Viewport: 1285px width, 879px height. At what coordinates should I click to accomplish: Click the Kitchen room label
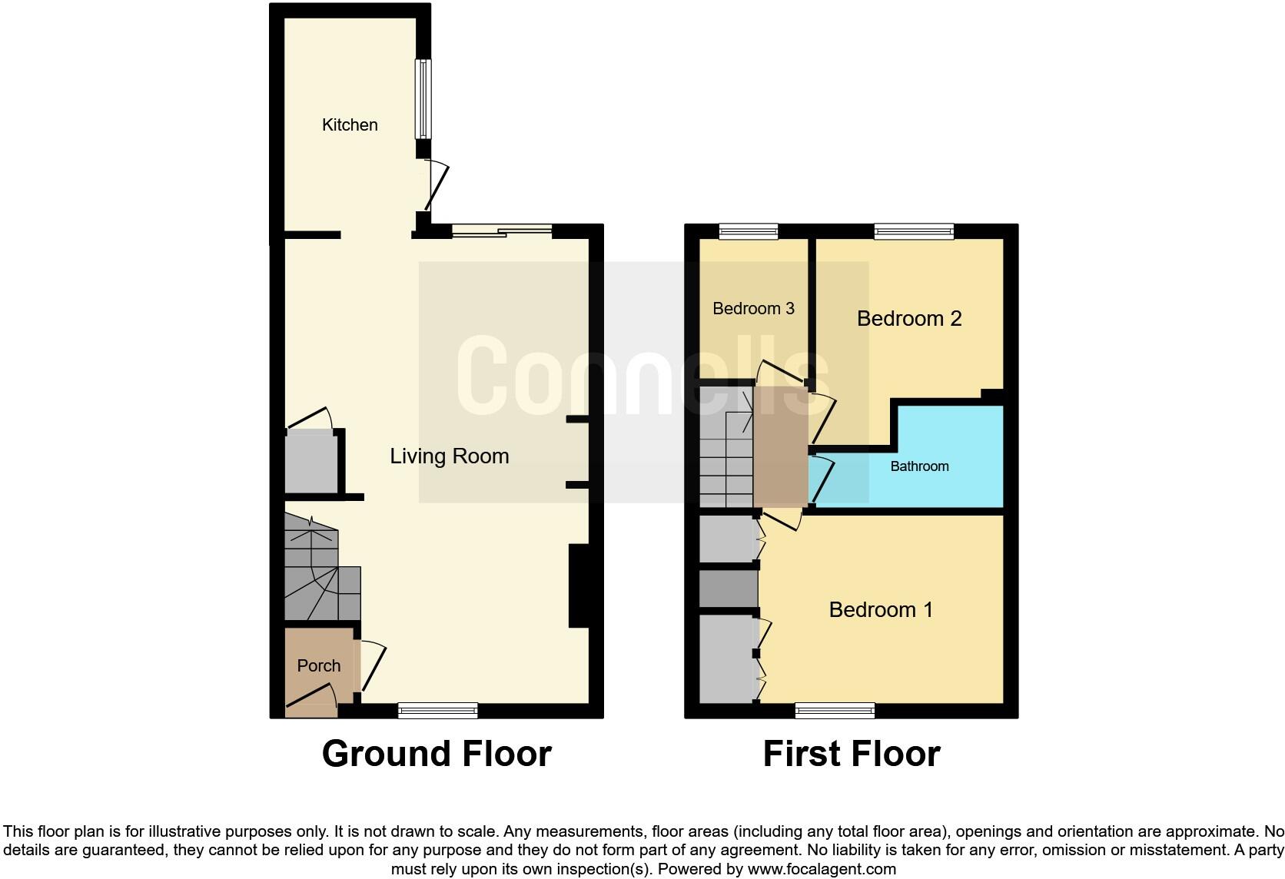point(350,124)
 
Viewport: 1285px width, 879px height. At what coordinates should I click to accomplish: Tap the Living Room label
point(449,456)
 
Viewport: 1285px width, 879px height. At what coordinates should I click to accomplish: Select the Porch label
point(318,666)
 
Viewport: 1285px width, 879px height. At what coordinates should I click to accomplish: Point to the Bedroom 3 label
point(753,309)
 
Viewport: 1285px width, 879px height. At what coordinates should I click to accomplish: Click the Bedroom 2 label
point(909,319)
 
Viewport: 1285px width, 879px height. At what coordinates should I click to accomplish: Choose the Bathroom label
point(919,466)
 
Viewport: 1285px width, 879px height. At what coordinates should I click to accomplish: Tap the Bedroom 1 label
point(881,610)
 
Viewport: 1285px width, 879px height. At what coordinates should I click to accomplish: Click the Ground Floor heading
point(437,754)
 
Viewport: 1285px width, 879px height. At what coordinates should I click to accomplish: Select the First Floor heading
point(852,754)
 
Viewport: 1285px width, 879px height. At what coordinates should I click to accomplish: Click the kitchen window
point(423,99)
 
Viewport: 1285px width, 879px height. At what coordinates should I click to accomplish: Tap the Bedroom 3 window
point(749,231)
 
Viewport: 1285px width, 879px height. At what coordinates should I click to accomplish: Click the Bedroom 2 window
point(913,231)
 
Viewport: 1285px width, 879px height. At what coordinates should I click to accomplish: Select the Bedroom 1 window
point(835,710)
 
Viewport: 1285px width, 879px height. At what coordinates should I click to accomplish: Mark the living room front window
point(438,710)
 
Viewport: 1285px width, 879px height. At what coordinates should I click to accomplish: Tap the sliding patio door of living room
point(502,230)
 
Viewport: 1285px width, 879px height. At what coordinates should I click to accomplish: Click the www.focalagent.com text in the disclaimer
point(822,870)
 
